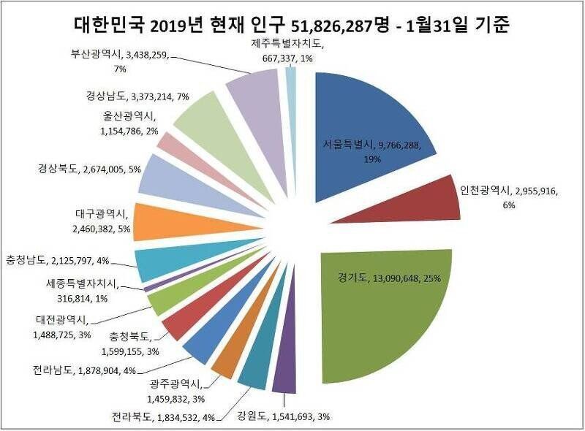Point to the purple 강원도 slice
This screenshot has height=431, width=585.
284,373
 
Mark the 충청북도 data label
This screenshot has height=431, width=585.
132,343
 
